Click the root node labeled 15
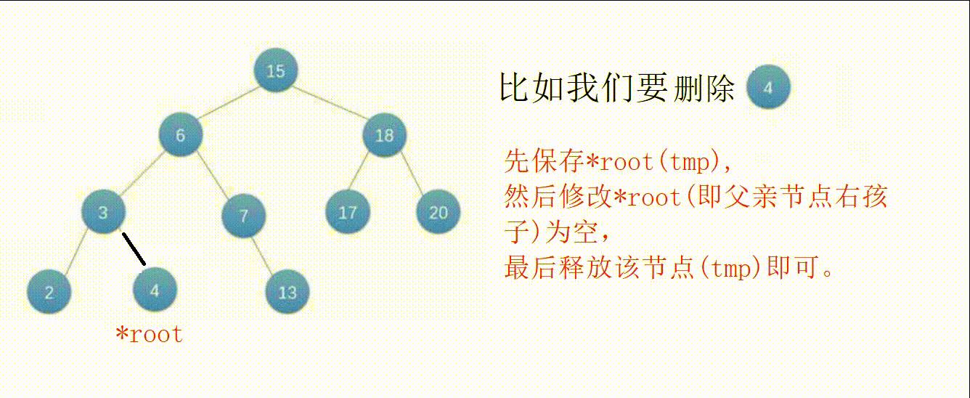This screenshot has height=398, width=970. [x=276, y=70]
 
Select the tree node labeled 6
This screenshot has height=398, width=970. [x=181, y=134]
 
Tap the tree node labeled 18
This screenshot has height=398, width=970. [x=385, y=134]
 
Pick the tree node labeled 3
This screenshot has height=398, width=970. [x=103, y=212]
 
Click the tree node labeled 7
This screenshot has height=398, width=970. [x=244, y=215]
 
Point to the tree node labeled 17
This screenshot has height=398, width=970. [x=348, y=212]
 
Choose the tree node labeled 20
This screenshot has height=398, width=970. [x=439, y=212]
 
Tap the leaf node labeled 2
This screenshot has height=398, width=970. [x=49, y=291]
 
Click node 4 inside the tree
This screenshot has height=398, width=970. [x=155, y=289]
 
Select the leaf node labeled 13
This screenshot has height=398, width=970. [x=287, y=291]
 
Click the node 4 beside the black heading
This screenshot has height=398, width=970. [x=768, y=86]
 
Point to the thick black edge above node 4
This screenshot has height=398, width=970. [x=134, y=249]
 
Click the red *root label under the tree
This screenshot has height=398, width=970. [x=150, y=334]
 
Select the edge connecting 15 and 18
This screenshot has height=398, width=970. [x=330, y=102]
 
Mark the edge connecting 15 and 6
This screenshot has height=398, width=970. [x=229, y=102]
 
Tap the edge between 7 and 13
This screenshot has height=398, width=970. [x=262, y=256]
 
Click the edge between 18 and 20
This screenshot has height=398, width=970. [x=412, y=174]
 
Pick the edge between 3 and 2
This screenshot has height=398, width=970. [x=76, y=251]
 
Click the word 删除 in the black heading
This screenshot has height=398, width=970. [x=704, y=89]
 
